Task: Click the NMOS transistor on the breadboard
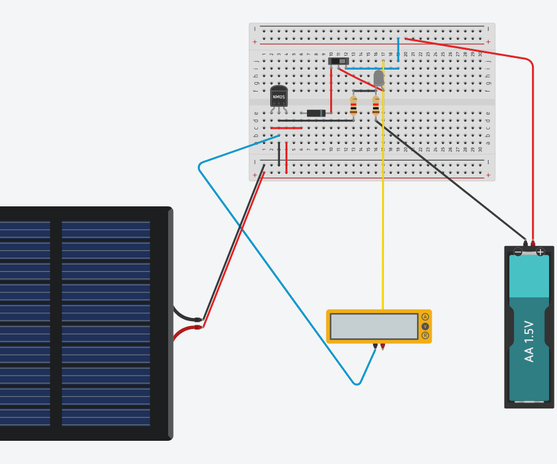(279, 97)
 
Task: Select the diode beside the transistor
(316, 113)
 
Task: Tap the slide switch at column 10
(338, 61)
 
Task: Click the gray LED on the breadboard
(378, 78)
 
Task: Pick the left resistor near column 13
(353, 106)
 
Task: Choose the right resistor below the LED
(375, 106)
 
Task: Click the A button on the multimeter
(425, 317)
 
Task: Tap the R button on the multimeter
(425, 335)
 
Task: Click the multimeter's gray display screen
(374, 326)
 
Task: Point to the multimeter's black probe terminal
(375, 346)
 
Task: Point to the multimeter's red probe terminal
(383, 346)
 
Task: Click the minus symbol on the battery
(518, 252)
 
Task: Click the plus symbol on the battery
(540, 252)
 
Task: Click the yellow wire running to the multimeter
(383, 214)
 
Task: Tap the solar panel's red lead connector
(197, 327)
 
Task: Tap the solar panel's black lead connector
(197, 319)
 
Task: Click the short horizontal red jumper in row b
(286, 128)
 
